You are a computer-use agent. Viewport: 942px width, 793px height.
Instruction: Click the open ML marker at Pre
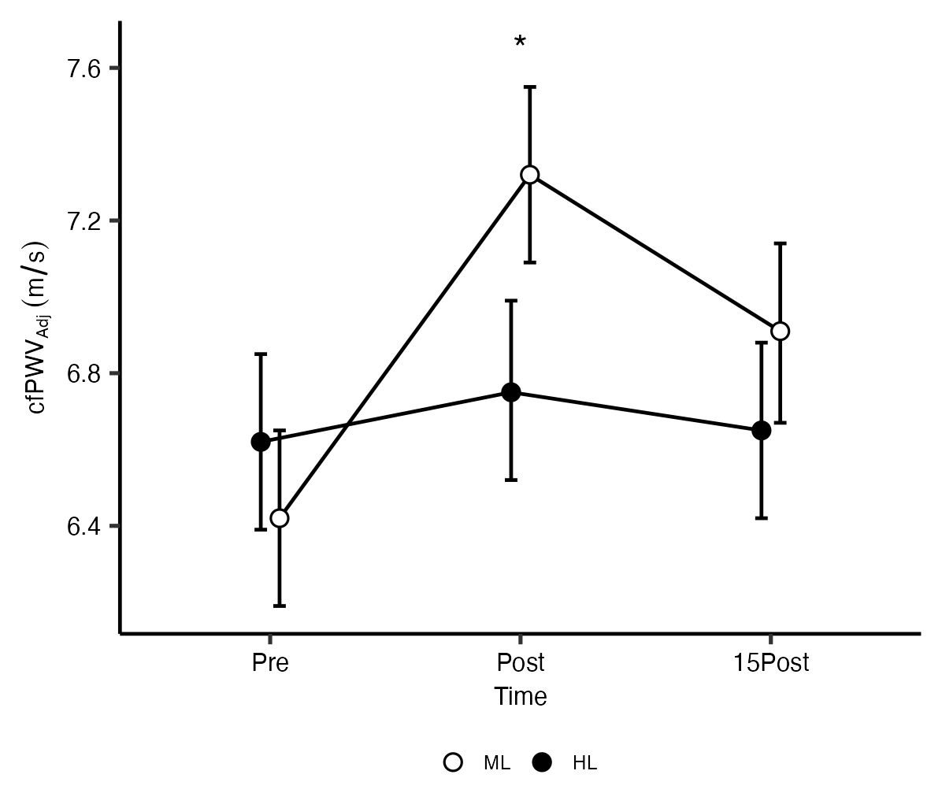[279, 518]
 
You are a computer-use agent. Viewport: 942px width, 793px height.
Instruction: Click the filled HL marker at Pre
[261, 442]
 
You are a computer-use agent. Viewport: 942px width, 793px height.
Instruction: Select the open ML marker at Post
[530, 175]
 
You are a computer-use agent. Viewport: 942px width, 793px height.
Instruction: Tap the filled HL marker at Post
[511, 392]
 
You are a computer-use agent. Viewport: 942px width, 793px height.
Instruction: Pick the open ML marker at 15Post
[781, 331]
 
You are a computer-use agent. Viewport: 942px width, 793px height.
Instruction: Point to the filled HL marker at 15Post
[762, 431]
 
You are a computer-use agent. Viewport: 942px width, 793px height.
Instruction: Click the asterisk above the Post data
[520, 43]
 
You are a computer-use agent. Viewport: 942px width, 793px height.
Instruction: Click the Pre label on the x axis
[270, 663]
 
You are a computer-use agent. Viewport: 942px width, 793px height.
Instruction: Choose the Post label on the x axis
[521, 663]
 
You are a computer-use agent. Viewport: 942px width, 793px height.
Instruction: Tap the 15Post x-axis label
[771, 663]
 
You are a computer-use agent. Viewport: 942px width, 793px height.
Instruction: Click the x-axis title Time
[521, 697]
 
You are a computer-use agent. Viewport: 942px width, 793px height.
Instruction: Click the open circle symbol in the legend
[453, 762]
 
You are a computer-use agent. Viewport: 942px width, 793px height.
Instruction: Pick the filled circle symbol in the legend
[543, 762]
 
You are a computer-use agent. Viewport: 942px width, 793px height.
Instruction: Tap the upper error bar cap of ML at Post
[530, 87]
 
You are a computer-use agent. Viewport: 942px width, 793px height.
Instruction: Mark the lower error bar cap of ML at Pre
[279, 606]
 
